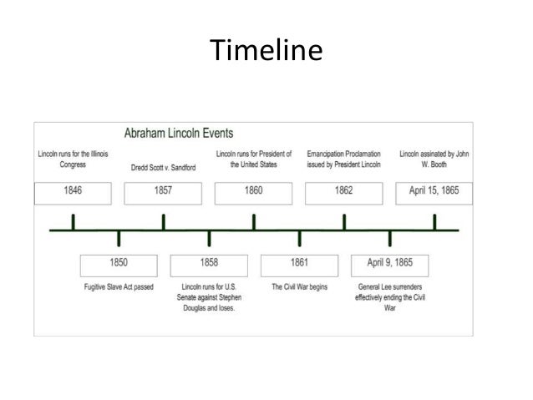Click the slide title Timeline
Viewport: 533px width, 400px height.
(266, 51)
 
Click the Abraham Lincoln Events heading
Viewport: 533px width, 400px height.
(179, 133)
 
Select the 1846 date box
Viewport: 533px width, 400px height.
(74, 191)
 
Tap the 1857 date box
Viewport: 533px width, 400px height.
(163, 191)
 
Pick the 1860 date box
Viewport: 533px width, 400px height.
(253, 191)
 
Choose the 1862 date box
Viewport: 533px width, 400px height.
(343, 191)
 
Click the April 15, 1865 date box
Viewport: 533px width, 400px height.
(434, 191)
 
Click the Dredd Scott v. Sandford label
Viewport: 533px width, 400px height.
(163, 167)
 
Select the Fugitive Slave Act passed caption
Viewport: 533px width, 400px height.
(118, 287)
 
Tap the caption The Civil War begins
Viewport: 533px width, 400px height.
(299, 287)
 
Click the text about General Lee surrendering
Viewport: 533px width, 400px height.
(389, 297)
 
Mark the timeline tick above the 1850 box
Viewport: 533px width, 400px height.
(119, 238)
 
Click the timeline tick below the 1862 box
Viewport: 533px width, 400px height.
(344, 222)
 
